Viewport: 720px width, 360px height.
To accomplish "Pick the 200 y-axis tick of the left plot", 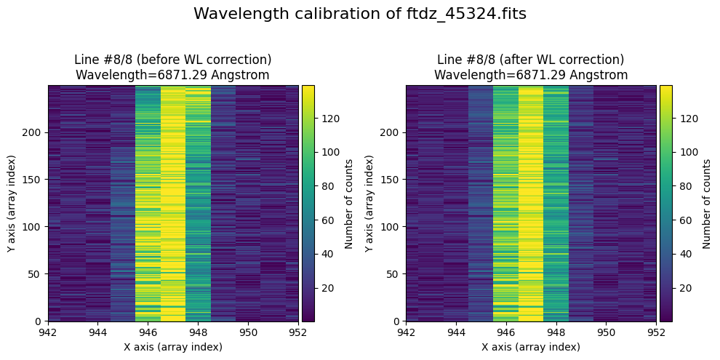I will tap(34, 132).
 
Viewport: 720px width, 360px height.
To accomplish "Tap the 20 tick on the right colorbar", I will tap(683, 288).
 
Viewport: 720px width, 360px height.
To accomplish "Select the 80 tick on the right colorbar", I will tap(683, 186).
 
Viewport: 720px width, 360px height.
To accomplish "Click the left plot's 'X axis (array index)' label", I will tap(173, 347).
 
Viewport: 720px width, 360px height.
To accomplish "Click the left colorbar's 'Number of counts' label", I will tap(349, 203).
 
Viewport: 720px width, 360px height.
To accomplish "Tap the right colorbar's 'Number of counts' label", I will tap(706, 203).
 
